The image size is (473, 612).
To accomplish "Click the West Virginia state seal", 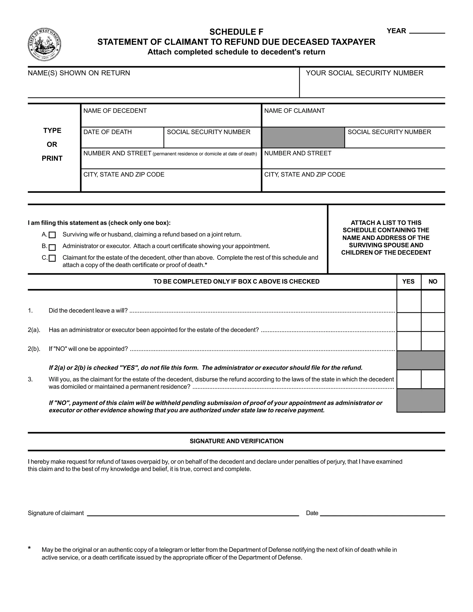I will point(44,45).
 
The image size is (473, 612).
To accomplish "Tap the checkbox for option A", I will point(52,235).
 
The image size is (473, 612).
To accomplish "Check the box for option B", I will point(52,247).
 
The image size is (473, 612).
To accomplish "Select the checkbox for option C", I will point(52,258).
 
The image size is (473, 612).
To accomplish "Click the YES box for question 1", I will point(409,301).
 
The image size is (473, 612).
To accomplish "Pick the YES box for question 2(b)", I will point(409,341).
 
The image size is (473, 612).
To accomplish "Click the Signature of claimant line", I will point(193,512).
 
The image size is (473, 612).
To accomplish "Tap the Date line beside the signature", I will point(382,512).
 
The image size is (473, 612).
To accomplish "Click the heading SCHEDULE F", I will point(236,32).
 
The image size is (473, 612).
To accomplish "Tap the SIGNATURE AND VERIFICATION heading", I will point(236,441).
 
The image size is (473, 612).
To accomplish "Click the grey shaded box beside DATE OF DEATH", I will point(303,137).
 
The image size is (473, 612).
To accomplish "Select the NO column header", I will point(433,281).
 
